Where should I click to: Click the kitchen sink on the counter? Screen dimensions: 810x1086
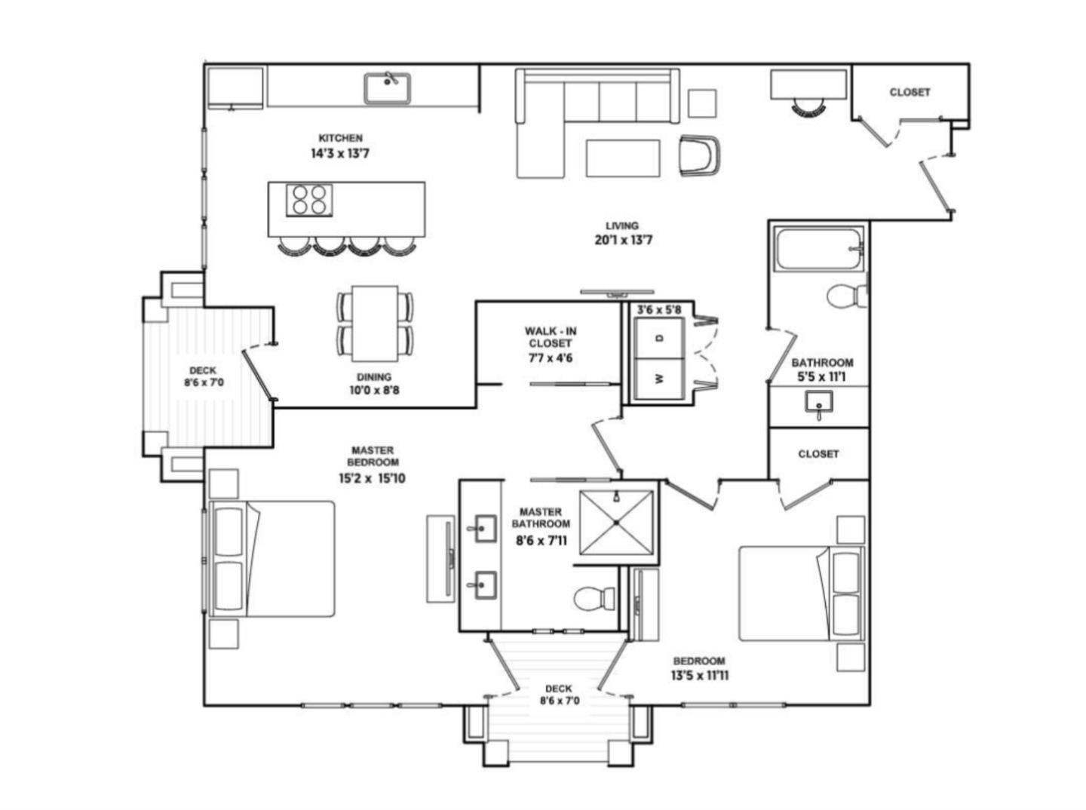[x=387, y=88]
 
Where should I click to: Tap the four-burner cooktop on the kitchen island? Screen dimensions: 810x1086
[x=309, y=200]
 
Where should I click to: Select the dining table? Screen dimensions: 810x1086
[x=375, y=323]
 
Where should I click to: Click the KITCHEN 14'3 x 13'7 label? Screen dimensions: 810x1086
[x=340, y=146]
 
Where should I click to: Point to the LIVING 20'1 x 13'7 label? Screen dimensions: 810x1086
[x=622, y=234]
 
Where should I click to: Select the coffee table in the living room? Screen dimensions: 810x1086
[x=623, y=158]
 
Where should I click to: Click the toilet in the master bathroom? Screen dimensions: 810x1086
[x=594, y=600]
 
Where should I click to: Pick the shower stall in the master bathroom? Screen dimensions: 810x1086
[x=616, y=522]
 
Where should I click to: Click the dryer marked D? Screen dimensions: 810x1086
[x=659, y=338]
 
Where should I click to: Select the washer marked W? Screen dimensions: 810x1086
[x=659, y=379]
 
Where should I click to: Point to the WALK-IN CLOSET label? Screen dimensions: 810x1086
[x=551, y=344]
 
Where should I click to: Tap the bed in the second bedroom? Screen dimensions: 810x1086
[x=801, y=594]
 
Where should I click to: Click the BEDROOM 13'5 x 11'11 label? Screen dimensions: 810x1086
[x=700, y=668]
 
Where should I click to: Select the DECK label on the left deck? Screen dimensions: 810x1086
[x=203, y=376]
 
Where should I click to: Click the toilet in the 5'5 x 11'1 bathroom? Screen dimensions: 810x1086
[x=846, y=296]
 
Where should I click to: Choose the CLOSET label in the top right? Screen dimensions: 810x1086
[x=910, y=92]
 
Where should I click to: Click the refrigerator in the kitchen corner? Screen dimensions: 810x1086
[x=235, y=88]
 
